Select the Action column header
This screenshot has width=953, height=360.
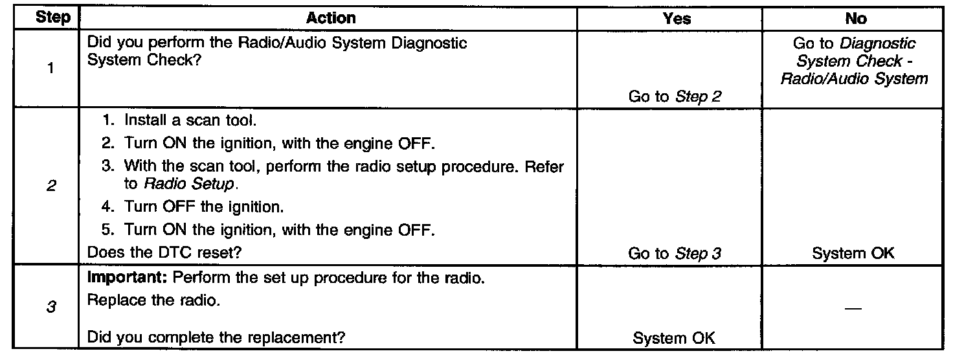(x=330, y=19)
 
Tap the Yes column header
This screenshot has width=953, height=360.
(x=676, y=19)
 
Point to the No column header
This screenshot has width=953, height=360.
(x=855, y=19)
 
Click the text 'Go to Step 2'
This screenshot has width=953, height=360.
(x=675, y=97)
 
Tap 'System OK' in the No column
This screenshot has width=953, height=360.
(x=853, y=253)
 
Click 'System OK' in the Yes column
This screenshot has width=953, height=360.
(x=675, y=337)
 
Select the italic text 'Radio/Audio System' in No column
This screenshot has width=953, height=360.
(x=854, y=79)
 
